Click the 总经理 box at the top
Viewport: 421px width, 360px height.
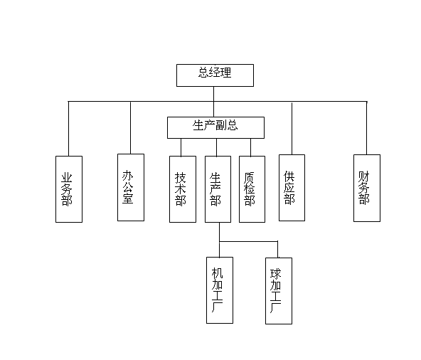pos(215,75)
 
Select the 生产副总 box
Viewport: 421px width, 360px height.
pos(215,127)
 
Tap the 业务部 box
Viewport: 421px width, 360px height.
pos(69,189)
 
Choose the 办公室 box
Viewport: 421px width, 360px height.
pos(131,188)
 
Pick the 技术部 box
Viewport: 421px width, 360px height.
pos(183,189)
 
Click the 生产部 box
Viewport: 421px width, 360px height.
pos(218,189)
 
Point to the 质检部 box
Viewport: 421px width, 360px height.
pos(252,189)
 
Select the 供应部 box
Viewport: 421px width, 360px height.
pos(292,188)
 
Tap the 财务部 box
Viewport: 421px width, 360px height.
pos(367,188)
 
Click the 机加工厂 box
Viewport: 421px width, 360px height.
pos(220,290)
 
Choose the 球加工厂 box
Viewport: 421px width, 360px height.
pos(279,291)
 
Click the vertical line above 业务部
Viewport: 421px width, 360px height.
pos(68,129)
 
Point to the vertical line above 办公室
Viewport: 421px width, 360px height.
pos(130,127)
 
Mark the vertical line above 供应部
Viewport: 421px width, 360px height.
pos(292,128)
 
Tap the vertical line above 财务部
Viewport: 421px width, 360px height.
pos(366,128)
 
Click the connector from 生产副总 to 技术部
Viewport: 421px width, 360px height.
pos(181,147)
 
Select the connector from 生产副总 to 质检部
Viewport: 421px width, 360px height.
pos(250,147)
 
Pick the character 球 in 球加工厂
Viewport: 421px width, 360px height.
pos(275,274)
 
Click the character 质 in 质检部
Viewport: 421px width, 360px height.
pos(249,177)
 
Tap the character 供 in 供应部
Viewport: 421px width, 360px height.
pos(289,176)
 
